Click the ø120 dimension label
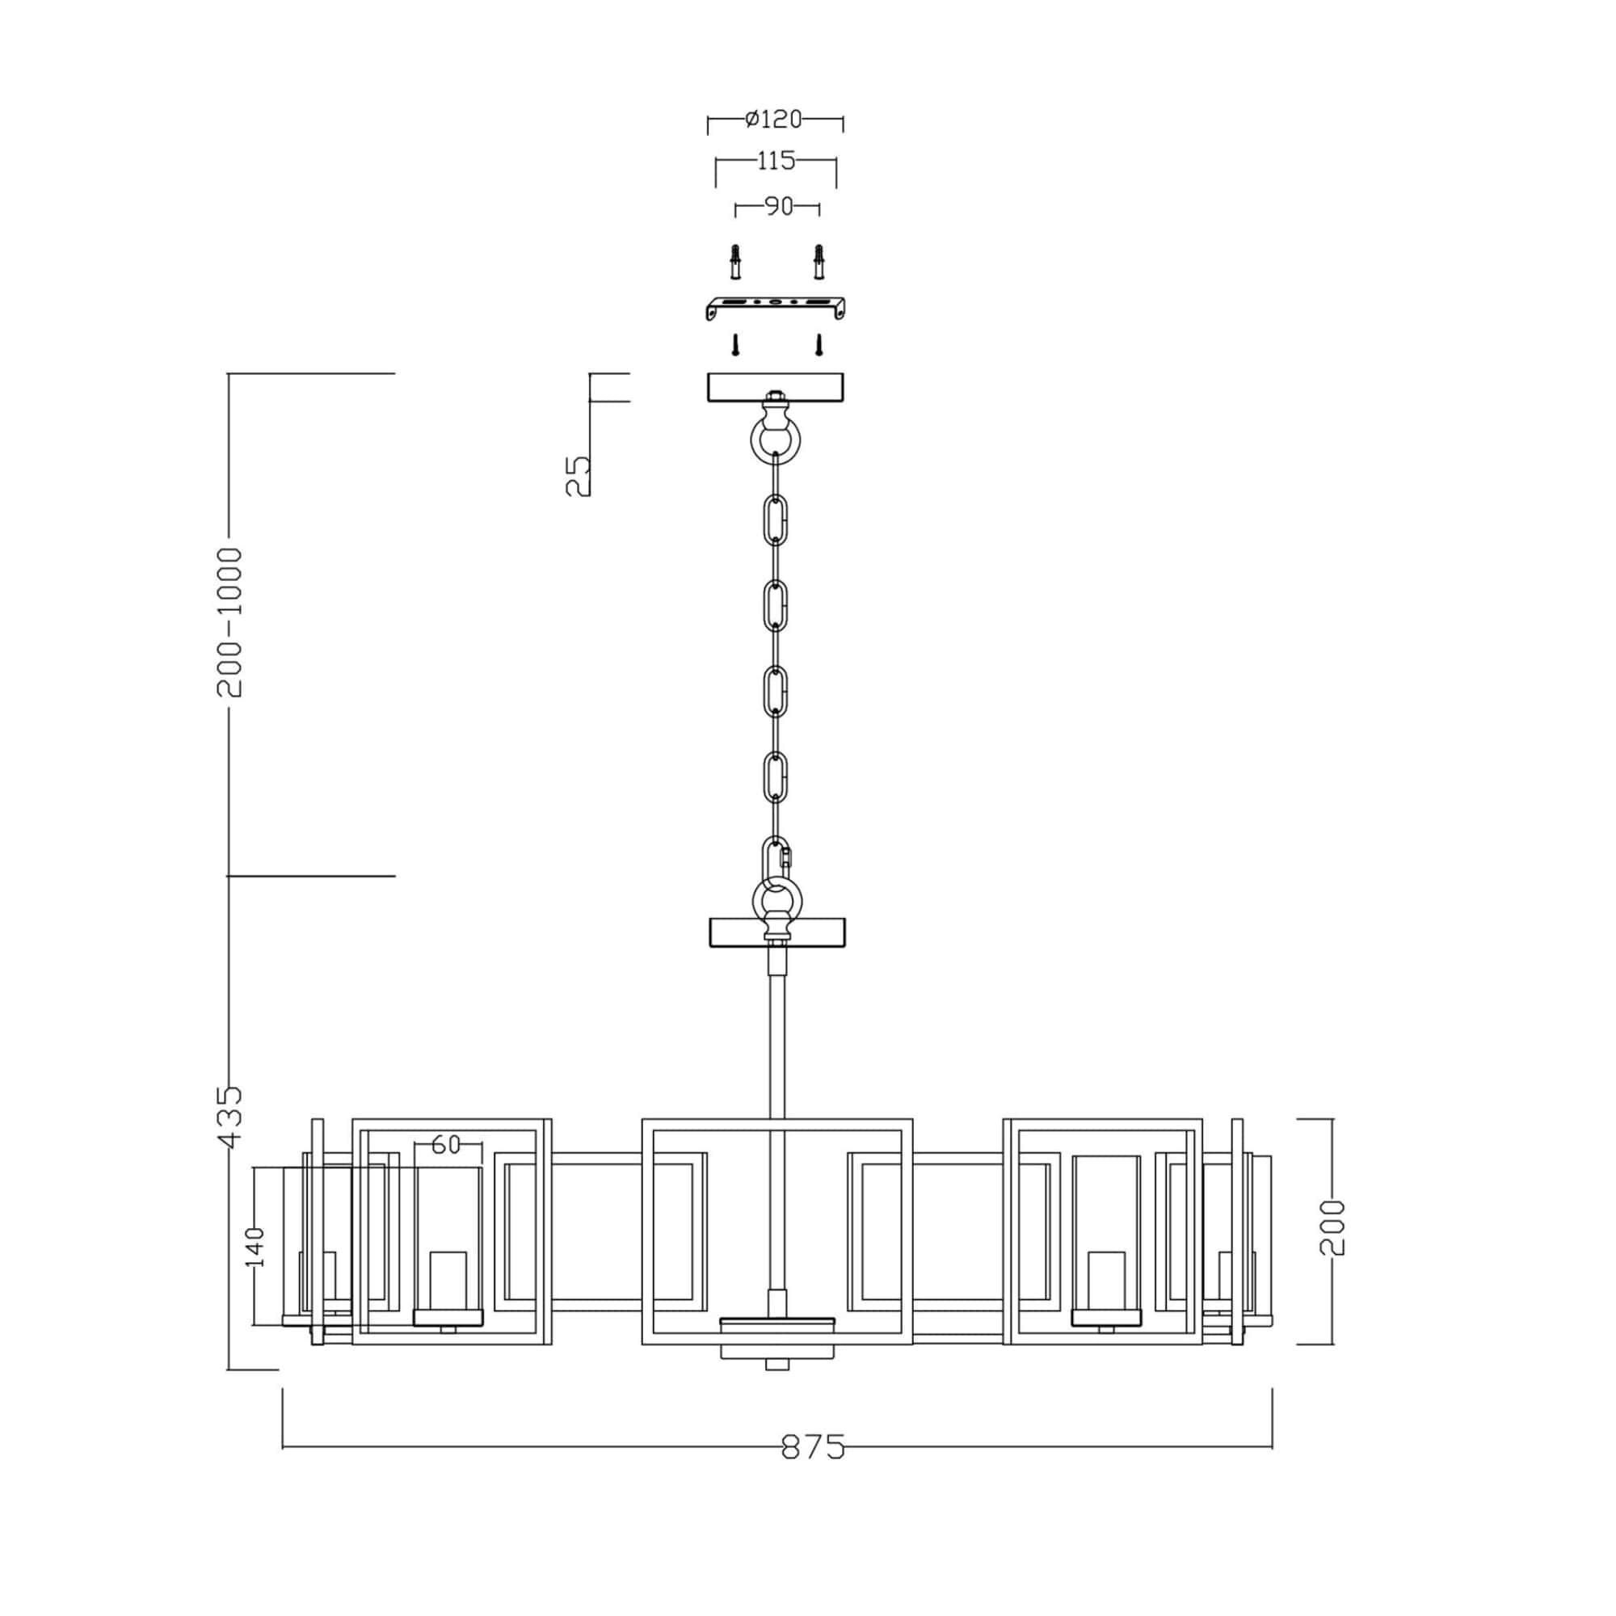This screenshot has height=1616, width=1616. pyautogui.click(x=774, y=120)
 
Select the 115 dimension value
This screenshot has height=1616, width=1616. pyautogui.click(x=776, y=161)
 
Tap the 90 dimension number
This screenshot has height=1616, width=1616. pyautogui.click(x=779, y=206)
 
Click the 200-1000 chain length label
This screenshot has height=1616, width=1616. pyautogui.click(x=229, y=622)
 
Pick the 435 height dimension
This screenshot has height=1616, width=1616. pyautogui.click(x=229, y=1117)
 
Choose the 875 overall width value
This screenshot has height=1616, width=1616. pyautogui.click(x=813, y=1446)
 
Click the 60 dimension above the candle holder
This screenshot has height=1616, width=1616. pyautogui.click(x=447, y=1144)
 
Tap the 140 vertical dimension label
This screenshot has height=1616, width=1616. pyautogui.click(x=255, y=1247)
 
